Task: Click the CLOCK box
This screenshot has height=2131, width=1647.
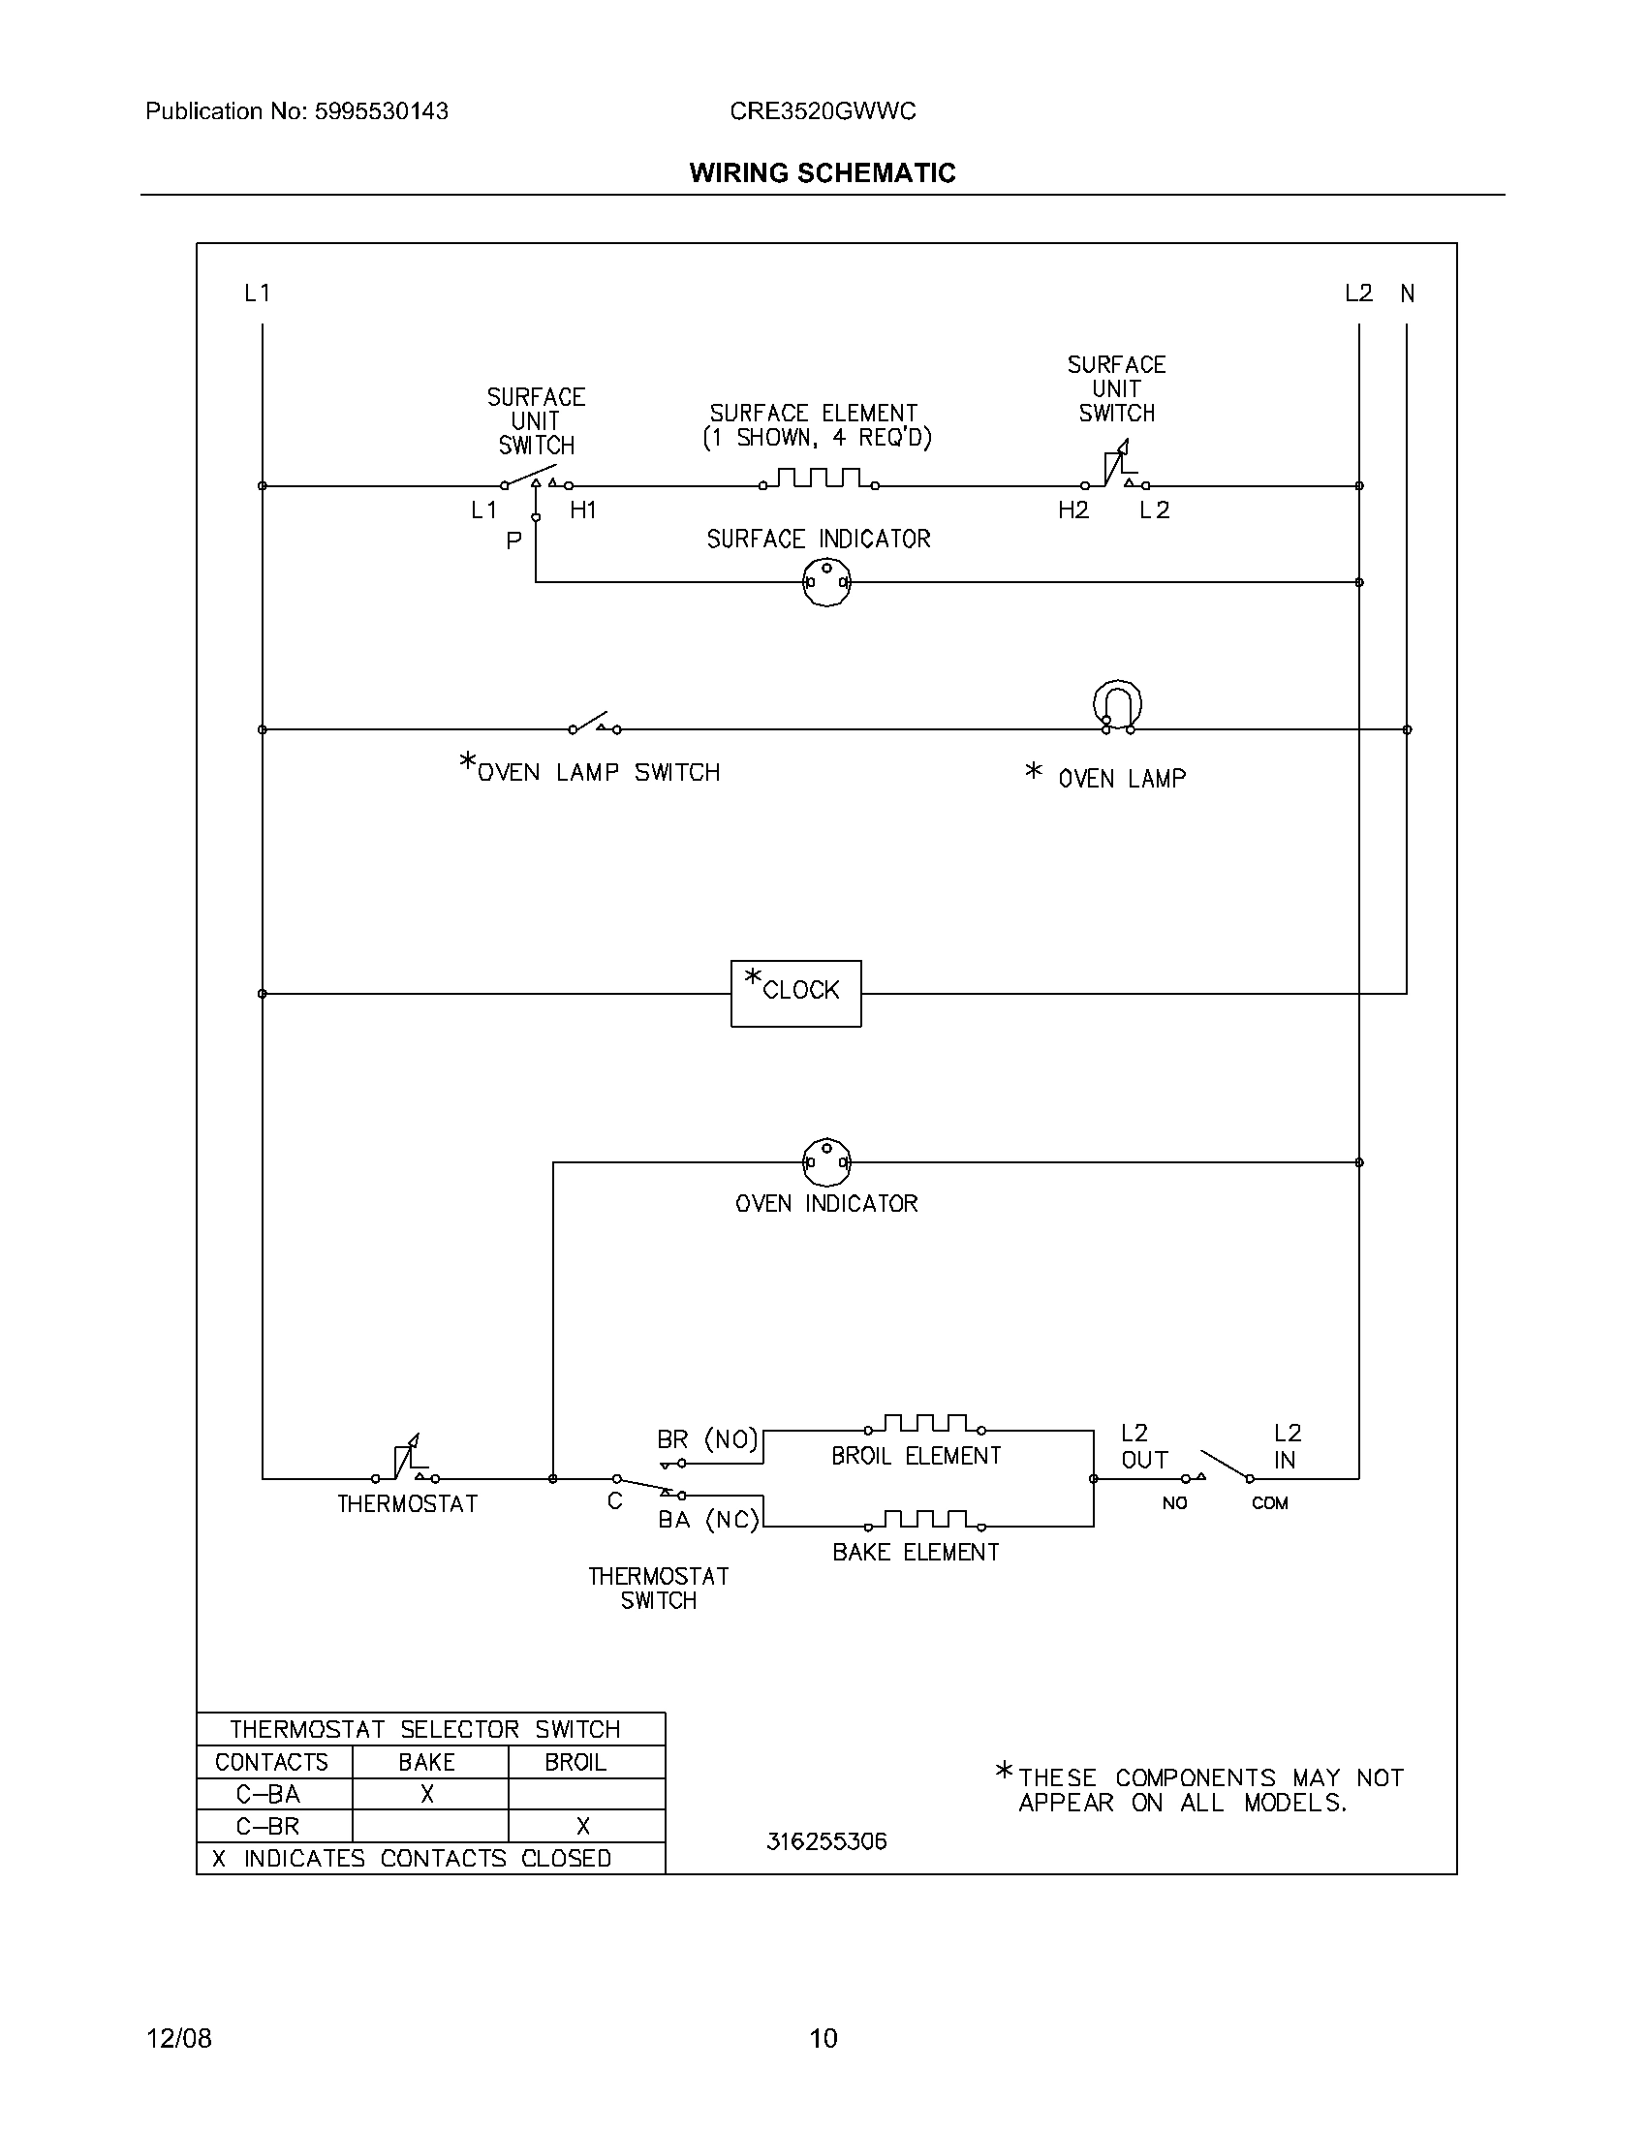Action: tap(795, 993)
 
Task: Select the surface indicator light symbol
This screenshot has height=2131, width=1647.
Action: tap(825, 582)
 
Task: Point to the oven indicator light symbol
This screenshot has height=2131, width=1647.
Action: tap(825, 1161)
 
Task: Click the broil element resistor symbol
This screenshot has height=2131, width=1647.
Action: tap(923, 1426)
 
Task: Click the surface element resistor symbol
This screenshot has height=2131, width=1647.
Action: tap(819, 479)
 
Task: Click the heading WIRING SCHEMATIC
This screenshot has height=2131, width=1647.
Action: tap(823, 172)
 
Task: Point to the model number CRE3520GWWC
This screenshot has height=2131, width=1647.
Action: tap(823, 111)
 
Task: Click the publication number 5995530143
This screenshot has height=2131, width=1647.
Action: tap(381, 111)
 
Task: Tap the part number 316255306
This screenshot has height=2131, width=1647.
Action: tap(826, 1841)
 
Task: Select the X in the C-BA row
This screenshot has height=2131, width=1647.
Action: tap(427, 1793)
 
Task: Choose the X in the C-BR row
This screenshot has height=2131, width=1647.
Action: tap(583, 1826)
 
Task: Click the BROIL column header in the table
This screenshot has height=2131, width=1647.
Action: tap(575, 1762)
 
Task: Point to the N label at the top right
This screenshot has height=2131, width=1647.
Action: tap(1407, 293)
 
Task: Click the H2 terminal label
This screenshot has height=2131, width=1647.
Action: tap(1072, 510)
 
